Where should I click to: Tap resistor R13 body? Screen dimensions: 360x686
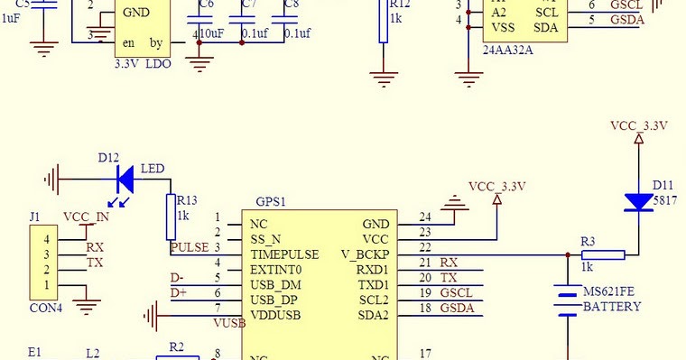(x=171, y=216)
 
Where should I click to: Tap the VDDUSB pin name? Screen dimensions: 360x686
(x=274, y=316)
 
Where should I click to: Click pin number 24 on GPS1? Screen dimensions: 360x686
(x=425, y=217)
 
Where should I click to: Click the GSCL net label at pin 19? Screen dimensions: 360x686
(x=455, y=293)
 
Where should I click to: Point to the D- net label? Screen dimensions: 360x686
(x=179, y=277)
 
